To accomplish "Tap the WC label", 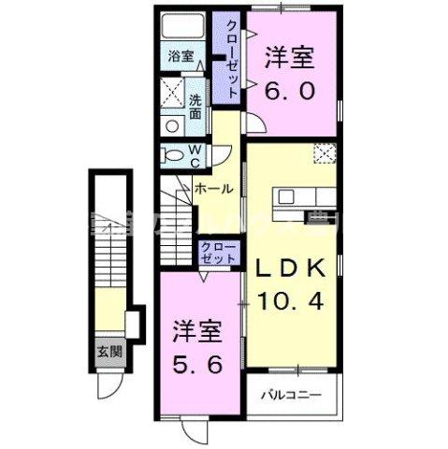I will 196,154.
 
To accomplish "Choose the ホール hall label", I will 214,188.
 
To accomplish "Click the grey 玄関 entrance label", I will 108,353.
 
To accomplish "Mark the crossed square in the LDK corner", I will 325,153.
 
